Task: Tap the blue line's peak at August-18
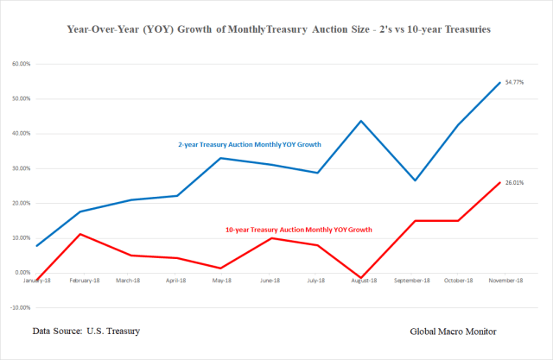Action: tap(361, 121)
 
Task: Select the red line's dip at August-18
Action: tap(361, 278)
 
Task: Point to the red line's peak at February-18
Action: tap(80, 234)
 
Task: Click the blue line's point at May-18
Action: tap(221, 158)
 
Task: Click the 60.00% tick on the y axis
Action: tap(22, 64)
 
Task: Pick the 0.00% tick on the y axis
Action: tap(23, 273)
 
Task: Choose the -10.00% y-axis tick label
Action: tap(21, 307)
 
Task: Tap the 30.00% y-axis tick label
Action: tap(22, 168)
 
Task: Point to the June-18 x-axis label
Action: tap(269, 281)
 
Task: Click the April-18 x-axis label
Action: tap(175, 281)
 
